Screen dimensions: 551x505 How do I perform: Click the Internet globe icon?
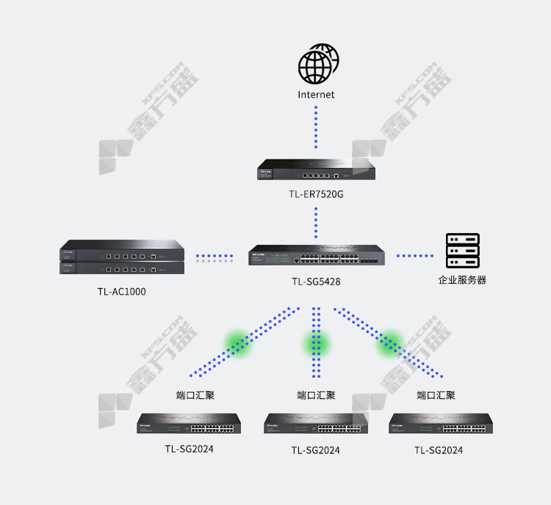[318, 64]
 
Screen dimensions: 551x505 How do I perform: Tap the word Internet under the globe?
[316, 95]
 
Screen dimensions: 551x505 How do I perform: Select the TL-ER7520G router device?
[316, 170]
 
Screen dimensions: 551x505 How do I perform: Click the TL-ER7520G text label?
[316, 194]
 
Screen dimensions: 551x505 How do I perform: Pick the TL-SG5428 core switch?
[317, 255]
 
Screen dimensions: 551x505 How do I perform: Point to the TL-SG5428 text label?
[316, 282]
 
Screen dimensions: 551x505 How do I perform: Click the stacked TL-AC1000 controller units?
[122, 257]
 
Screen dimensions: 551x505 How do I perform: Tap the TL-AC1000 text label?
[121, 292]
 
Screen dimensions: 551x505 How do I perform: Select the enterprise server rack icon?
[462, 251]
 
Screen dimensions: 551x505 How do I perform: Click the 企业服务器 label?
[462, 280]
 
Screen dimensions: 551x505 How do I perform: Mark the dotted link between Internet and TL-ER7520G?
[316, 127]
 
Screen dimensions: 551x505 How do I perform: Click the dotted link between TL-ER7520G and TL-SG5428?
[316, 223]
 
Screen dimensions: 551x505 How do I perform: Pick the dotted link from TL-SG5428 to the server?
[415, 256]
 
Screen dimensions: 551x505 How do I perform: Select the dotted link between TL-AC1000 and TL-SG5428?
[215, 258]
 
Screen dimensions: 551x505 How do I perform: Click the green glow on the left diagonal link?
[238, 343]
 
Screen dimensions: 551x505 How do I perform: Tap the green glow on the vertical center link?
[316, 343]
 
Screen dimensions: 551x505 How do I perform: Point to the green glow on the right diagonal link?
[389, 343]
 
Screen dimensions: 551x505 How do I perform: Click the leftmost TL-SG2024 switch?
[189, 423]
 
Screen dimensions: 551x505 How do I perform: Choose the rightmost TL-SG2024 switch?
[441, 423]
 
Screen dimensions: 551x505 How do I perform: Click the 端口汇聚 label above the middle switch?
[316, 395]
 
